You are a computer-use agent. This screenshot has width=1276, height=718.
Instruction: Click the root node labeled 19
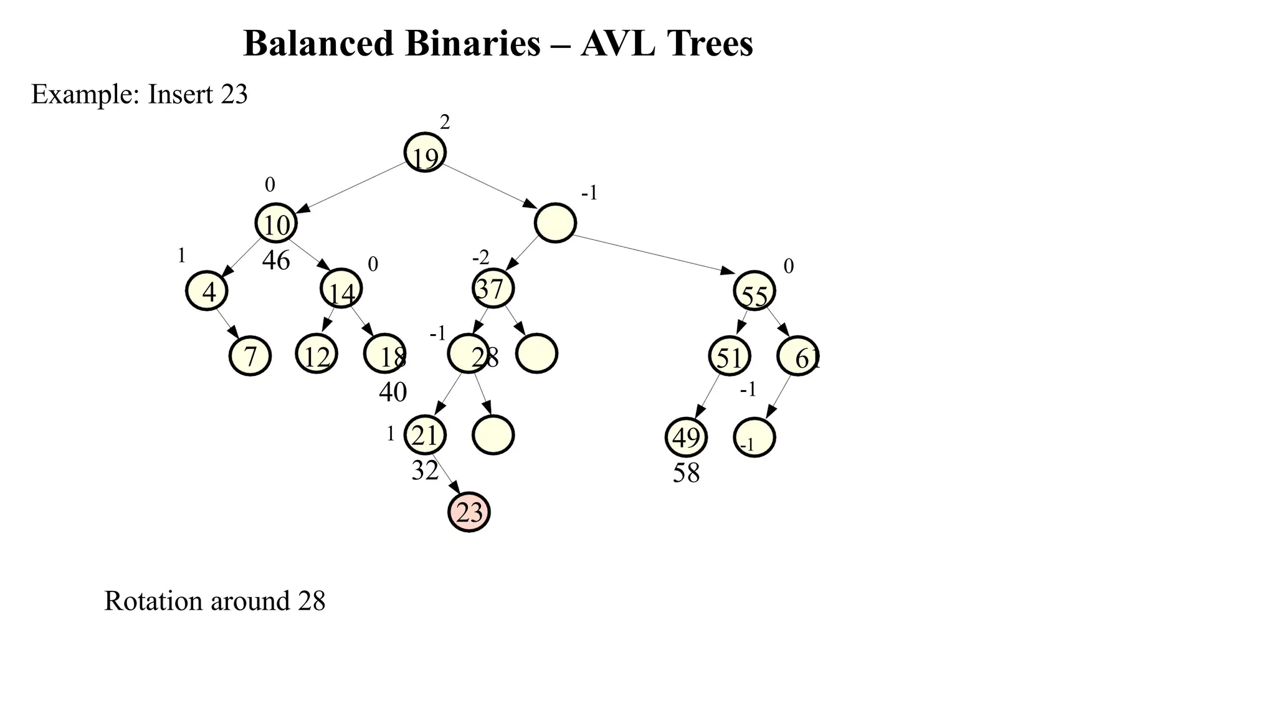(425, 153)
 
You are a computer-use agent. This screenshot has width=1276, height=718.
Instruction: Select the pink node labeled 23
(469, 512)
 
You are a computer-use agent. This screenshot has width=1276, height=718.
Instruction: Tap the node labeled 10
(276, 223)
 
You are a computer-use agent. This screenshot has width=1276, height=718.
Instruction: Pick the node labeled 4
(207, 291)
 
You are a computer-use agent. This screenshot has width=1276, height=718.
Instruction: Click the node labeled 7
(250, 356)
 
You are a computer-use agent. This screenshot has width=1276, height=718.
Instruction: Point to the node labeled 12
(317, 355)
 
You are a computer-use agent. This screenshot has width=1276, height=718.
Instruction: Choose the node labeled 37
(493, 288)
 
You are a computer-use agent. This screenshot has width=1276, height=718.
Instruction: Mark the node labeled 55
(755, 291)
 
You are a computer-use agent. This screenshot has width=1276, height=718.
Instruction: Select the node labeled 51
(729, 357)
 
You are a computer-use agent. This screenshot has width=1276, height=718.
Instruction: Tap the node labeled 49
(686, 438)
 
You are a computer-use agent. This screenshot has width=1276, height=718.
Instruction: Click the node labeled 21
(425, 435)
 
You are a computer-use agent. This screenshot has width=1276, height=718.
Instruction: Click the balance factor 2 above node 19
(445, 123)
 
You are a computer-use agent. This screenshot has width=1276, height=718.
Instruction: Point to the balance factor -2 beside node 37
(480, 257)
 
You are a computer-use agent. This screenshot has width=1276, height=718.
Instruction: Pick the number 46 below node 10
(276, 261)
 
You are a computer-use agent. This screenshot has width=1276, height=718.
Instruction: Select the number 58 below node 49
(686, 473)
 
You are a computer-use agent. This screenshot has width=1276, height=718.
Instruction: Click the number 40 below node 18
(393, 392)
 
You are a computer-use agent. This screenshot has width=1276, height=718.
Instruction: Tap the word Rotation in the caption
(153, 601)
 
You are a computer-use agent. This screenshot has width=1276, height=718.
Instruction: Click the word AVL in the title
(617, 44)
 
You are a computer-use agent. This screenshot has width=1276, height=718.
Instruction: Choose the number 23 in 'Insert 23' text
(234, 94)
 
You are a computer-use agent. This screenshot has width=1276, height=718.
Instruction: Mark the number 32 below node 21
(425, 471)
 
